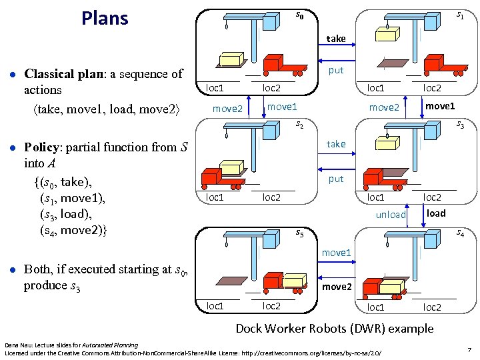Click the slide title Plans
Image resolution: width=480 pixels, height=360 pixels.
[x=105, y=18]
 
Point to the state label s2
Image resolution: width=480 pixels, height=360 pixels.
[x=300, y=124]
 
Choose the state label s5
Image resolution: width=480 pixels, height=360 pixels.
[x=300, y=233]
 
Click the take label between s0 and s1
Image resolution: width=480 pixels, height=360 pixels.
[x=336, y=39]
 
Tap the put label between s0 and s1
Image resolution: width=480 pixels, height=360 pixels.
[x=336, y=70]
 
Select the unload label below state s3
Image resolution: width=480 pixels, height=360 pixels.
[x=391, y=215]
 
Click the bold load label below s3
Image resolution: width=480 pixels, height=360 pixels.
[x=436, y=213]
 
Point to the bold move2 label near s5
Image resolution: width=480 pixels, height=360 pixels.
[x=337, y=287]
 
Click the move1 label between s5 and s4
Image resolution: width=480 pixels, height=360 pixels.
[x=337, y=253]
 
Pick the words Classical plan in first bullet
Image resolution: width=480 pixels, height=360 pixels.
[x=60, y=73]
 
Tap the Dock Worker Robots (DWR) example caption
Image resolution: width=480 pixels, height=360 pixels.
[x=334, y=328]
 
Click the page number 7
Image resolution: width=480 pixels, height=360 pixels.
[x=469, y=349]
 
